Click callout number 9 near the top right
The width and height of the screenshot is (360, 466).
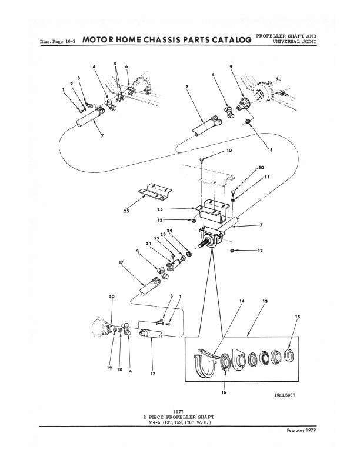point(231,67)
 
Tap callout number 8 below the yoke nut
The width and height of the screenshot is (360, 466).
point(271,150)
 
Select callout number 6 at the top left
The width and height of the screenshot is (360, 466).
point(126,66)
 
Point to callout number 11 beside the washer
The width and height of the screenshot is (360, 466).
point(266,177)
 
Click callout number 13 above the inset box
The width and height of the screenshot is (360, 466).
point(265,301)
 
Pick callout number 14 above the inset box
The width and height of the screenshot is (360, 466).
point(242,301)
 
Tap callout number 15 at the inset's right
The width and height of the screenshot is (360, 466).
point(298,317)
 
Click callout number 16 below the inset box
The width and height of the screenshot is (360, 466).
point(224,392)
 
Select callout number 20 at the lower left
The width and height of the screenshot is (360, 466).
point(111,297)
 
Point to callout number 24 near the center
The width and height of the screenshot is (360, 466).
point(169,230)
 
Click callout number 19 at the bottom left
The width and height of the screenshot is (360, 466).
point(109,368)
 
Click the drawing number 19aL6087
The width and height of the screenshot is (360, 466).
point(285,395)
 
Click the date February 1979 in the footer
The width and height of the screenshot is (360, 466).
point(301,430)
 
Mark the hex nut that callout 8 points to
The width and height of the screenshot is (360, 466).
point(248,121)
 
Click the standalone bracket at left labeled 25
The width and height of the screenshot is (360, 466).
point(155,191)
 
